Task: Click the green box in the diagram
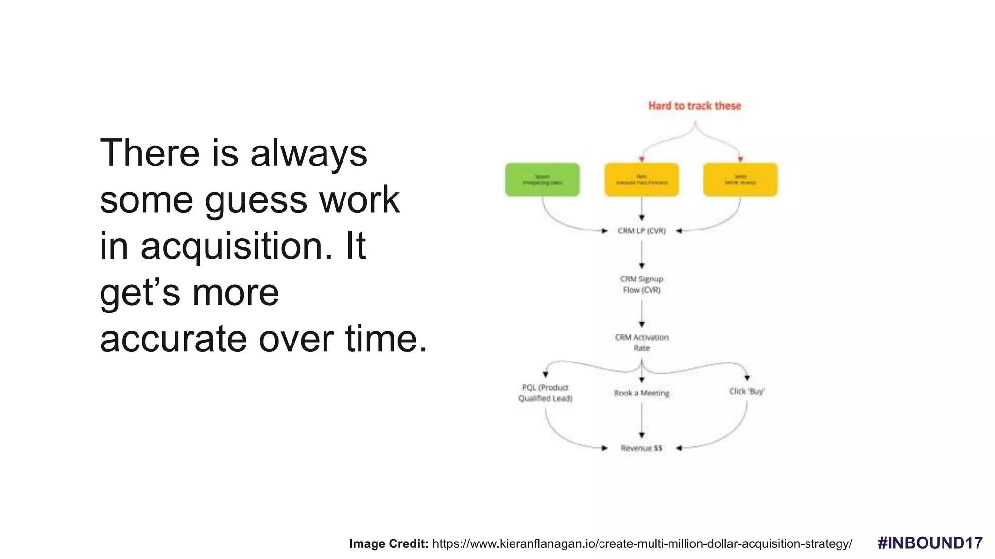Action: tap(542, 180)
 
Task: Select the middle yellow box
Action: tap(641, 180)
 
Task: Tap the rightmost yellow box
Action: tap(740, 180)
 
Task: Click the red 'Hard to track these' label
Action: tap(694, 106)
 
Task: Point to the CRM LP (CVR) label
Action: tap(641, 231)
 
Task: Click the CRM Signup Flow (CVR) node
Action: tap(641, 284)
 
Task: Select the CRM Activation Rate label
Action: tap(641, 343)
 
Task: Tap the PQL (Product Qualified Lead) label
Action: tap(545, 393)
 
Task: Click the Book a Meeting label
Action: tap(641, 393)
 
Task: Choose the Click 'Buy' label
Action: tap(747, 391)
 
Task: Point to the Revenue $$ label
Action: tap(641, 448)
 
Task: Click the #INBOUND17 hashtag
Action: tap(930, 543)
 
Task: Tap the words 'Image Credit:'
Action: tap(388, 544)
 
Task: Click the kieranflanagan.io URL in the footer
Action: tap(642, 544)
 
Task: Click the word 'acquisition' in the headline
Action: tap(232, 247)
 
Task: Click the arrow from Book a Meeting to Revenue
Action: tap(642, 420)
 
